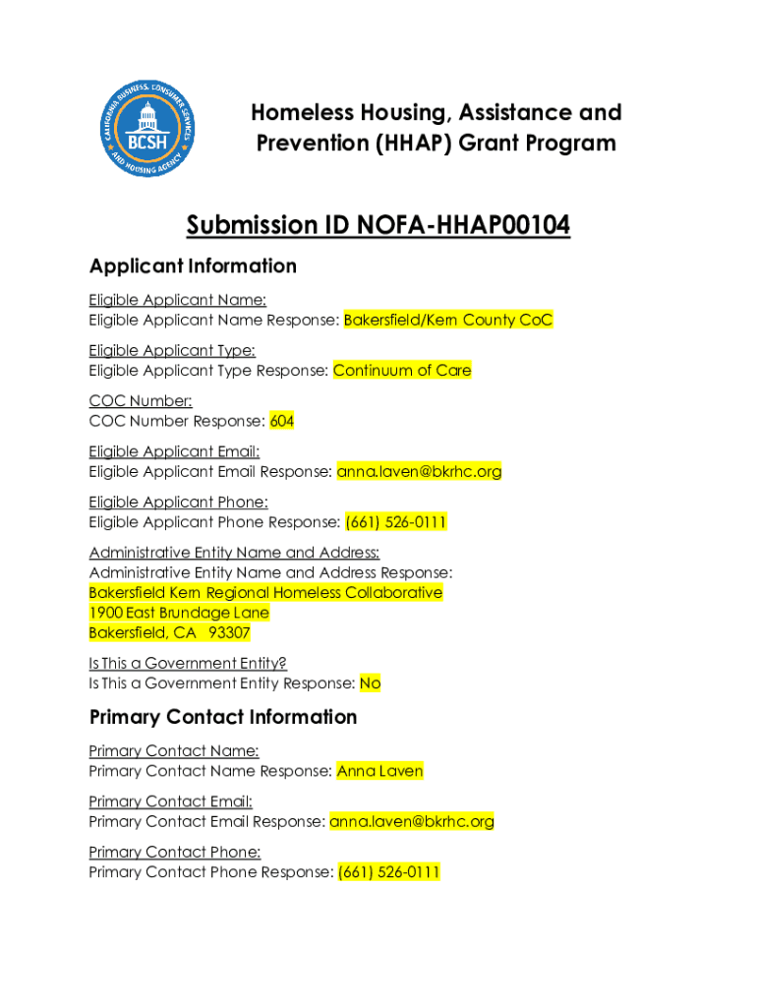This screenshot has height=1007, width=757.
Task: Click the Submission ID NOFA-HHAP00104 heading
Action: (378, 226)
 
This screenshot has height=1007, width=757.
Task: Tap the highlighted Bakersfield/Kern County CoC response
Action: (448, 320)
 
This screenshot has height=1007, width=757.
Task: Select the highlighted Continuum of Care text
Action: (402, 371)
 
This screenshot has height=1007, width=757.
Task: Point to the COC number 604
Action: (282, 421)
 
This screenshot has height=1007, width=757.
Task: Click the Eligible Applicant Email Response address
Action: (419, 471)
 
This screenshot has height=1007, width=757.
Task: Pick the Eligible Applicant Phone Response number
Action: (395, 522)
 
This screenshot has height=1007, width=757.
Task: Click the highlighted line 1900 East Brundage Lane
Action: (179, 613)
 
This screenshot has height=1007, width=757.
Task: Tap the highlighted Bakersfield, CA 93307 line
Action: (169, 632)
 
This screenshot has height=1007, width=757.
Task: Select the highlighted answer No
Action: (370, 682)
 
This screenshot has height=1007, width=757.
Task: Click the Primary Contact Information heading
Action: (223, 717)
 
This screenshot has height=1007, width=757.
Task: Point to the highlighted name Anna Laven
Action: (379, 771)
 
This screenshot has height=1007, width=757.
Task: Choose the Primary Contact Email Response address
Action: (412, 821)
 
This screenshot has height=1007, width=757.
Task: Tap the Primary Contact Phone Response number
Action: (388, 872)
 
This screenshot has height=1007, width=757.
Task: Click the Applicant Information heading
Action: (193, 267)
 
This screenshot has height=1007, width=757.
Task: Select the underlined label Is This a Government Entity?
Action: (188, 663)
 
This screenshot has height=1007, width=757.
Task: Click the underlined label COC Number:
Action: (141, 400)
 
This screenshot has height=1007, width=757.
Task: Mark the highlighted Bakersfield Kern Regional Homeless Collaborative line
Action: (265, 592)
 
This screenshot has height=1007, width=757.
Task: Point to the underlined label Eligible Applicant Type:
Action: (172, 350)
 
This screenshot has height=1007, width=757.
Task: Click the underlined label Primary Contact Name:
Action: (174, 751)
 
